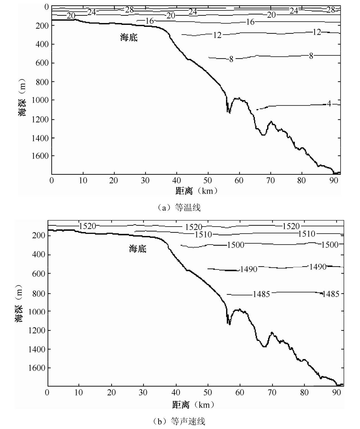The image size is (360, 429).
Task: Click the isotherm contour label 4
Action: coord(329,104)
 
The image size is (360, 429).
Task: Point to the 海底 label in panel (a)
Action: coord(129,37)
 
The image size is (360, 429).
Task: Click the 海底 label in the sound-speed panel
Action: coord(138,248)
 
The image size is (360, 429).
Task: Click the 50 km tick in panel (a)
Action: coord(208,181)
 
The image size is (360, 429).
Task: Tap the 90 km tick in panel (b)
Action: coord(337,393)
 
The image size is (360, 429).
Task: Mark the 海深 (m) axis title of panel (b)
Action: coord(20,303)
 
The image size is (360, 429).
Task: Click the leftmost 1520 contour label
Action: coord(87,226)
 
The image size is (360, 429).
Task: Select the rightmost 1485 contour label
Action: coord(331,294)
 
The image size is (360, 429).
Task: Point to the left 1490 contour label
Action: coord(248,270)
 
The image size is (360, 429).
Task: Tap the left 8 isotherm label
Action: coord(231,59)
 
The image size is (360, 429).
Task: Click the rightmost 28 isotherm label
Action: coord(331,10)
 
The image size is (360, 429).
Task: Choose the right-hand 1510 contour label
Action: coord(307,234)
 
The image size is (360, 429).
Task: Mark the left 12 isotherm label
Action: coord(217,35)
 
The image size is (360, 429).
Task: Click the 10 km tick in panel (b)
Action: coord(79,393)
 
